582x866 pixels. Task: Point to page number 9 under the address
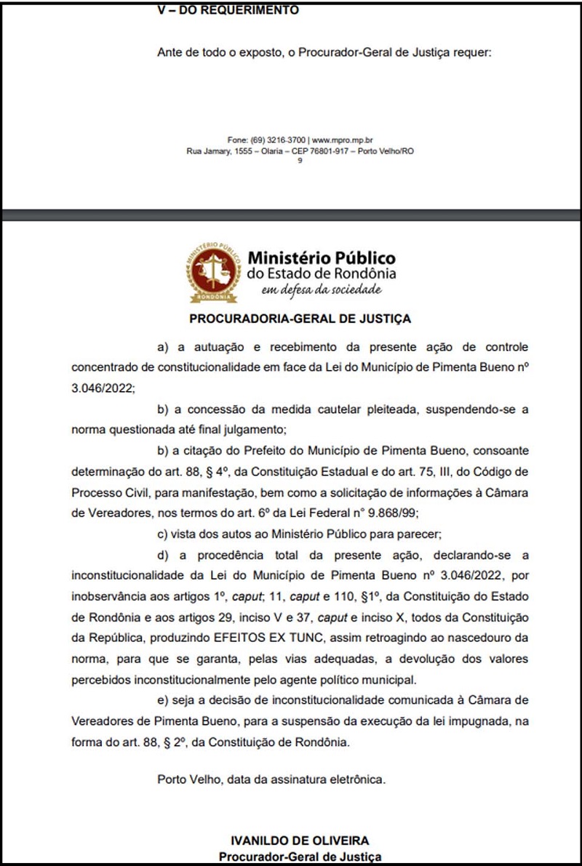pos(300,161)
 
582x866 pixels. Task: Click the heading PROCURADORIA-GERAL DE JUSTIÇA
pos(300,318)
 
